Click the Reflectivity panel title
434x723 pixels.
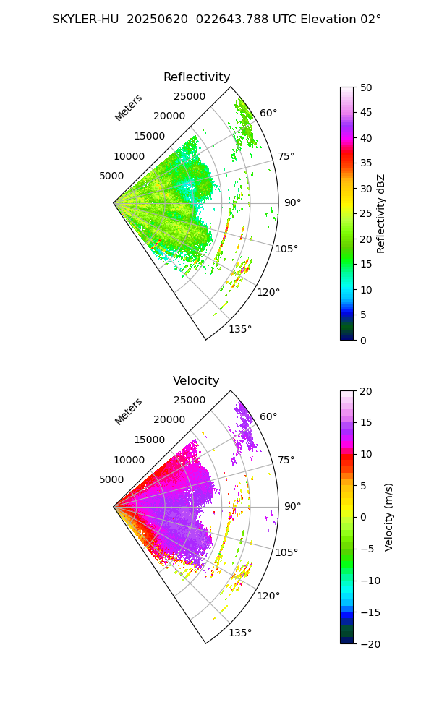coord(197,77)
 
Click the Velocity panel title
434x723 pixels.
coord(196,381)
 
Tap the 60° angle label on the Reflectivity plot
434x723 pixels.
coord(268,113)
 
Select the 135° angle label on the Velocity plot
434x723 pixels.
coord(240,633)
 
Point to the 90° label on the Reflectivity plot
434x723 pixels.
coord(292,202)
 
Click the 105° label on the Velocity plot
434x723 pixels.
coord(286,552)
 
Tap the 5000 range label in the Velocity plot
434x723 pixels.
coord(111,479)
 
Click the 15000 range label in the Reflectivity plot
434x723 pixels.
coord(149,136)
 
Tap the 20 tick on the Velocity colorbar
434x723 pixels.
coord(365,391)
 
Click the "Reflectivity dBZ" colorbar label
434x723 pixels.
coord(381,213)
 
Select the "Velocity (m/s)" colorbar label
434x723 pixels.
coord(388,517)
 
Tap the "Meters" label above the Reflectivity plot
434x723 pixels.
coord(129,108)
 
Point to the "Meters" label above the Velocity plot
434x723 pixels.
coord(129,411)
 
